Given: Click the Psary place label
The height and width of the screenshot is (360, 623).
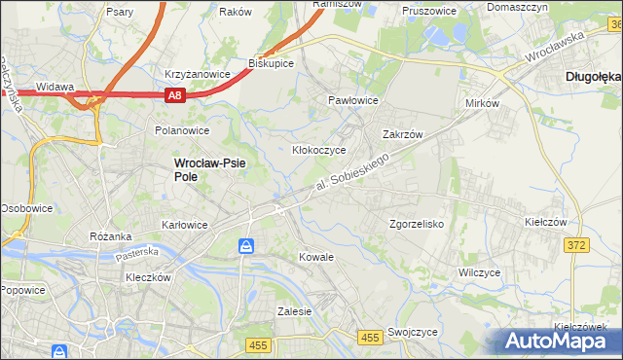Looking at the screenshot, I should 121,13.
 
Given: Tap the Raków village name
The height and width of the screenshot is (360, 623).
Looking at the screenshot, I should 236,13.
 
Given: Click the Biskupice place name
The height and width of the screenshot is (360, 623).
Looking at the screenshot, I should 272,62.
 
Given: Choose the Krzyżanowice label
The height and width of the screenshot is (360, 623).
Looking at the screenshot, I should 198,74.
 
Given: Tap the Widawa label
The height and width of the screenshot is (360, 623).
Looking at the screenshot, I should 55,87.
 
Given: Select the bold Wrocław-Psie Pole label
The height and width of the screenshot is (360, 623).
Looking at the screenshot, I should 210,170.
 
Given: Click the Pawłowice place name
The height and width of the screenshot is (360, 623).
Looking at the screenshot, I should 352,100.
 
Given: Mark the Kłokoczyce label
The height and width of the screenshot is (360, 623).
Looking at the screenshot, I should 319,151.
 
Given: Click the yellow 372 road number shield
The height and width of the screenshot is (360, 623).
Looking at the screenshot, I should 575,245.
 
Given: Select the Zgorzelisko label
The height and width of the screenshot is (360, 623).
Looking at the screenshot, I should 417,224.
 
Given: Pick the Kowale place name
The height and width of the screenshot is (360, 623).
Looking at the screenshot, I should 316,258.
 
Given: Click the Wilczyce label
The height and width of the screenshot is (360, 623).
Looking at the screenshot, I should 479,272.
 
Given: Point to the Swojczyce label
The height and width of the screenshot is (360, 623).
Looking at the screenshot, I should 412,332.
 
